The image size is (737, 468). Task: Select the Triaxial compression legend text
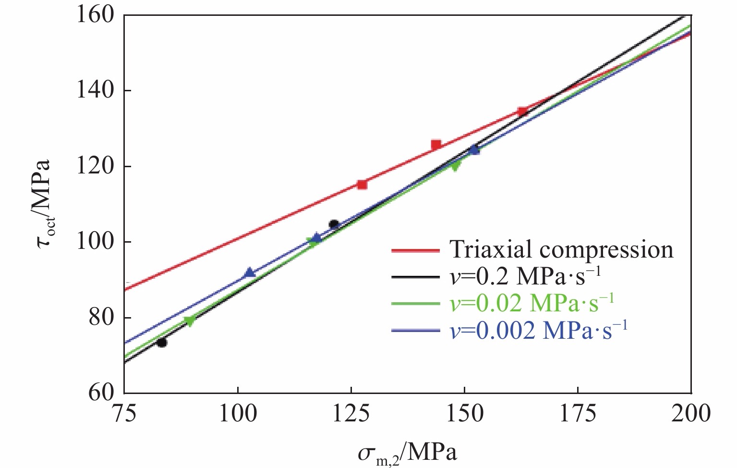[561, 250]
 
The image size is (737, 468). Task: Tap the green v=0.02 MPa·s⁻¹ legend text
[532, 303]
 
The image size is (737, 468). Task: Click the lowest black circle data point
[162, 343]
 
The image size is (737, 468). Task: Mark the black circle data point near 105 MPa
[334, 224]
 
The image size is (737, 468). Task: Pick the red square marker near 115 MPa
[362, 185]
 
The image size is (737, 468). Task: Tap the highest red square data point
[522, 111]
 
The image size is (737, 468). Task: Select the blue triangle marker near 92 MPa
[250, 273]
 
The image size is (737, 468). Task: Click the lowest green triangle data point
[190, 321]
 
